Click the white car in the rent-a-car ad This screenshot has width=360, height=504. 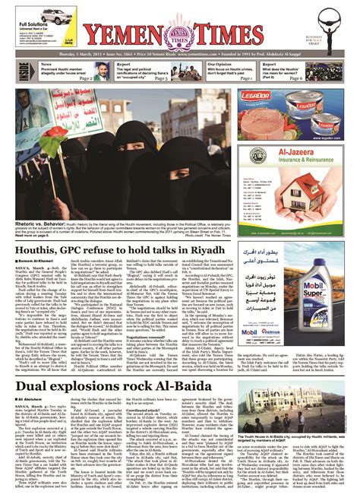36,13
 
